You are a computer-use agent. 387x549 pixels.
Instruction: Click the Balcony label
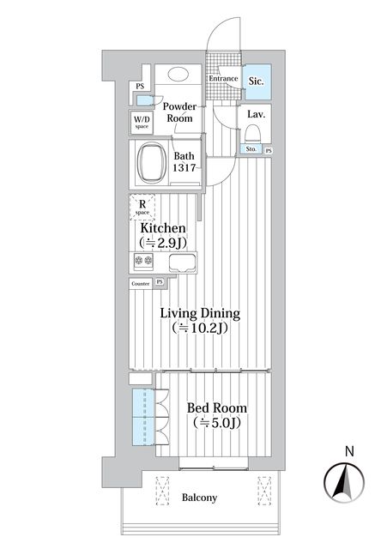coord(199,498)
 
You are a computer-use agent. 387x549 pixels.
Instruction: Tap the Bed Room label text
coord(217,407)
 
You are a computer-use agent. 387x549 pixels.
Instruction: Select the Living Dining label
coord(200,313)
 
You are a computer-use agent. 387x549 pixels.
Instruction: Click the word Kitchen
coord(163,228)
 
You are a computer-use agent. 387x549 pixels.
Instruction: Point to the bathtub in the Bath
coord(152,163)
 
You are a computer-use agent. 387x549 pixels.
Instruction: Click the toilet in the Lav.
coord(253,135)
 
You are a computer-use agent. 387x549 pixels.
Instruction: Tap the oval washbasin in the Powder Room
coord(178,74)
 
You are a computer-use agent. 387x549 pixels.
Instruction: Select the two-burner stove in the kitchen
coord(143,260)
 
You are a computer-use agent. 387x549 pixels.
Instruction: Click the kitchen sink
coord(182,262)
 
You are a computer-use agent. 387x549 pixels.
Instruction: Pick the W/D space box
coord(142,122)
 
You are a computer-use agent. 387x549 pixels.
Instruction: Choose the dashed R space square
coord(142,207)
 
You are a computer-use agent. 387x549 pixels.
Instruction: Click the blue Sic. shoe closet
coord(257,81)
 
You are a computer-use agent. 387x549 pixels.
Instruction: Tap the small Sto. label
coord(251,149)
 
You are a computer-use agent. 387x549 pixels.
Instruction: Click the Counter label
coord(141,284)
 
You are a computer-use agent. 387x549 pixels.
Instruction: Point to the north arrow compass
coord(344,482)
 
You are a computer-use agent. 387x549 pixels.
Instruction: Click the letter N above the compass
coord(349,451)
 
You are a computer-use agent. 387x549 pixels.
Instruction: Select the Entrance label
coord(223,78)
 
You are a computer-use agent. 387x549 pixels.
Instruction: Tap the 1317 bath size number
coord(184,168)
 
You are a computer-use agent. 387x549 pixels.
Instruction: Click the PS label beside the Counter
coord(160,281)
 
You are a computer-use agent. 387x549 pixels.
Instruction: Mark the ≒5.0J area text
coord(217,423)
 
